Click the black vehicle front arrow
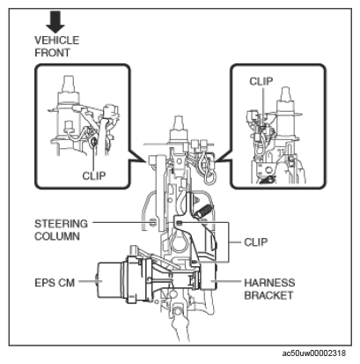(55, 21)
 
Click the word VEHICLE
(57, 41)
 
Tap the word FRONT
(53, 53)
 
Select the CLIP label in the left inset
(94, 176)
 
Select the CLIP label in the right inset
(261, 81)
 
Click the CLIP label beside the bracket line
(256, 242)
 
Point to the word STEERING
(61, 224)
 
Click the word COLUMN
(57, 236)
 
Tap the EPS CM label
(55, 283)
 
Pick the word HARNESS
(269, 283)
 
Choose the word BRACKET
(268, 295)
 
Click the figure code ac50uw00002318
(314, 353)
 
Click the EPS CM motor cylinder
(109, 281)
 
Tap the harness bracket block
(208, 277)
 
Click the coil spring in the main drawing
(202, 211)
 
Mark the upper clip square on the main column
(180, 223)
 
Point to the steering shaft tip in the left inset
(68, 83)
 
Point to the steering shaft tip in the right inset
(285, 93)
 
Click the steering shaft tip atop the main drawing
(179, 122)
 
